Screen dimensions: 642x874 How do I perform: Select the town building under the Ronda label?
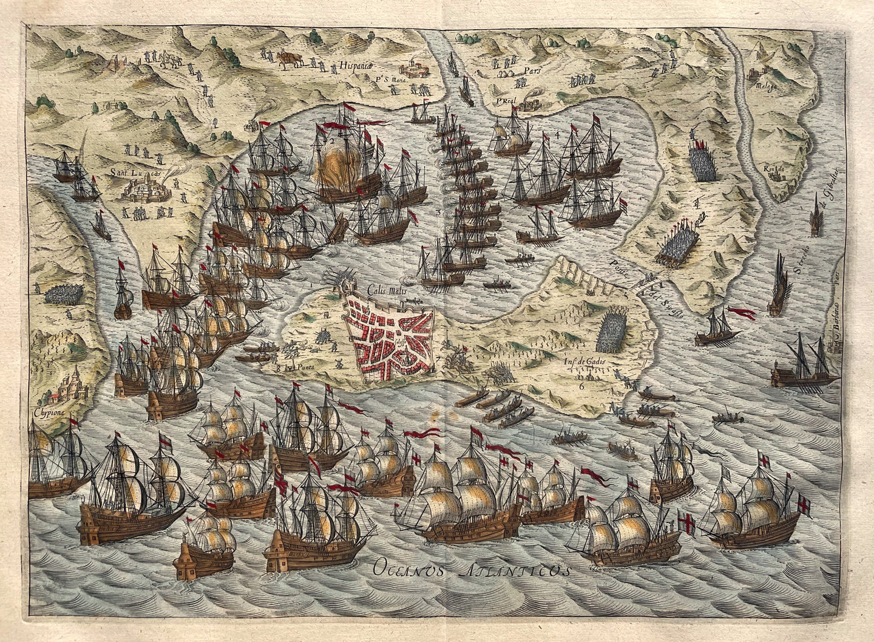pyautogui.click(x=775, y=176)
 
